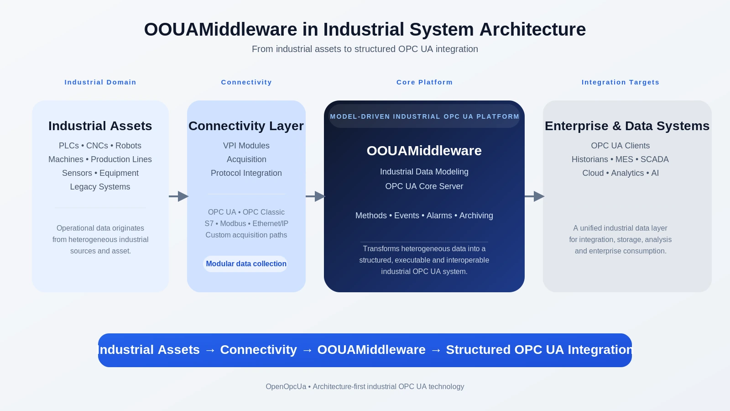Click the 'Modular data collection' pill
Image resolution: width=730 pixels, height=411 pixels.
tap(246, 264)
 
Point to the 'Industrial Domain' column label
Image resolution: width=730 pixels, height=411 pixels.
tap(100, 82)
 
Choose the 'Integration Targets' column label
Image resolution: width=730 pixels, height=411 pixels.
tap(620, 82)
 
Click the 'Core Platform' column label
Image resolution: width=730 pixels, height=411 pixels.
tap(424, 82)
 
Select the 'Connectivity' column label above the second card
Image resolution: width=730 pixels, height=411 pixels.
tap(246, 82)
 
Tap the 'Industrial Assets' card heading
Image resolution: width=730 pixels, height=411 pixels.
tap(100, 126)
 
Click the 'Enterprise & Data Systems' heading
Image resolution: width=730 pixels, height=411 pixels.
tap(627, 126)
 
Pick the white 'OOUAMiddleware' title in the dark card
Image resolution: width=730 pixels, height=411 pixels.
tap(424, 151)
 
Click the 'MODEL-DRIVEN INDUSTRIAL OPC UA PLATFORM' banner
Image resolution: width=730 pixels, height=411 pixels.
tap(424, 116)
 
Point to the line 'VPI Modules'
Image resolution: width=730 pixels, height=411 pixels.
tap(246, 146)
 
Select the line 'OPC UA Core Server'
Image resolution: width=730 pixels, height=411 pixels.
tap(424, 186)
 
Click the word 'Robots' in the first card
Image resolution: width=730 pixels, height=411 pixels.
tap(128, 146)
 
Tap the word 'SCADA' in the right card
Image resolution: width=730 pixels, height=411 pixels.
tap(654, 159)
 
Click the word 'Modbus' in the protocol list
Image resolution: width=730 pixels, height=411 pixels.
tap(233, 224)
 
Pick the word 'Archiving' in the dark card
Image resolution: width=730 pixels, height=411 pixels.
tap(476, 216)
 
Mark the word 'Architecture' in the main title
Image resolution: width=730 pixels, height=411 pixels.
tap(532, 30)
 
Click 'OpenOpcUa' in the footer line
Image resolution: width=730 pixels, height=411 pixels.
tap(286, 387)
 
